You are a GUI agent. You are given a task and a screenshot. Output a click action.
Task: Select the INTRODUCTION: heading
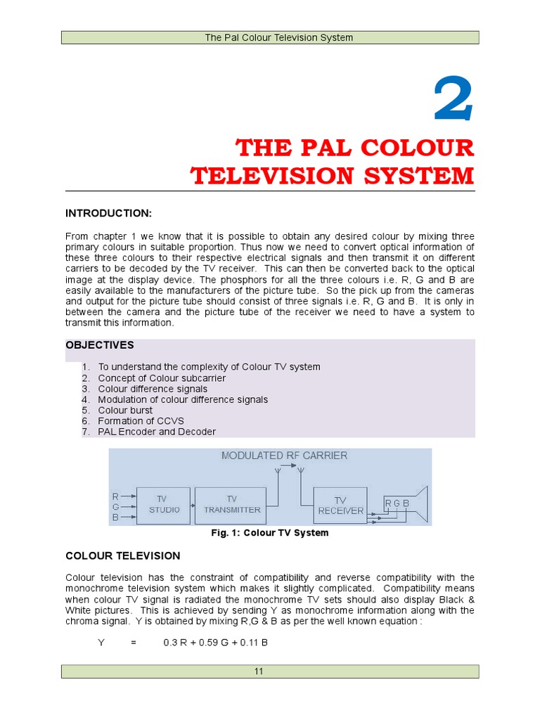click(x=109, y=213)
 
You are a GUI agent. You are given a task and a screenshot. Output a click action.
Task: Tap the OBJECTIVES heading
click(x=100, y=345)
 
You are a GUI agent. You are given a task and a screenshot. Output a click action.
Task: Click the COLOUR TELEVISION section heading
click(x=123, y=555)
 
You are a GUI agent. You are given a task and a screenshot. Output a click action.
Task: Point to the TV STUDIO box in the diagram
click(x=162, y=504)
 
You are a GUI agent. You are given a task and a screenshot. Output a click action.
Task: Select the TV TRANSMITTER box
click(x=232, y=504)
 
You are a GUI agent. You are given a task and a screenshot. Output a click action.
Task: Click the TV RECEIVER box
click(x=340, y=505)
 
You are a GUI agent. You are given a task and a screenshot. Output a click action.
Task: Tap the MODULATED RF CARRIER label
click(x=284, y=456)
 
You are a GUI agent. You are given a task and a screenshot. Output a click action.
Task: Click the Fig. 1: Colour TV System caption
click(x=270, y=533)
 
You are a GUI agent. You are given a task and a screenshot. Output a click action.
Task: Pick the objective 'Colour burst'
click(x=125, y=410)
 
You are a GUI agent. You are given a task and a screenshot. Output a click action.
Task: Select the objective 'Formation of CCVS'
click(x=141, y=420)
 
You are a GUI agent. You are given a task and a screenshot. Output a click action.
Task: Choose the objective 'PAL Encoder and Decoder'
click(x=157, y=432)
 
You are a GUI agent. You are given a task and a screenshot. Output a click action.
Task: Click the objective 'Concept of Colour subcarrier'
click(x=162, y=378)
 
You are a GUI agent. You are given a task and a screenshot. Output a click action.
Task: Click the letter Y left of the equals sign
click(x=101, y=643)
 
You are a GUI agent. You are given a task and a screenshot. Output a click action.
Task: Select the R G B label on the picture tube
click(x=397, y=503)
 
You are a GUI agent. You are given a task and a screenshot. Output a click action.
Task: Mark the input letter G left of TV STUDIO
click(x=115, y=506)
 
